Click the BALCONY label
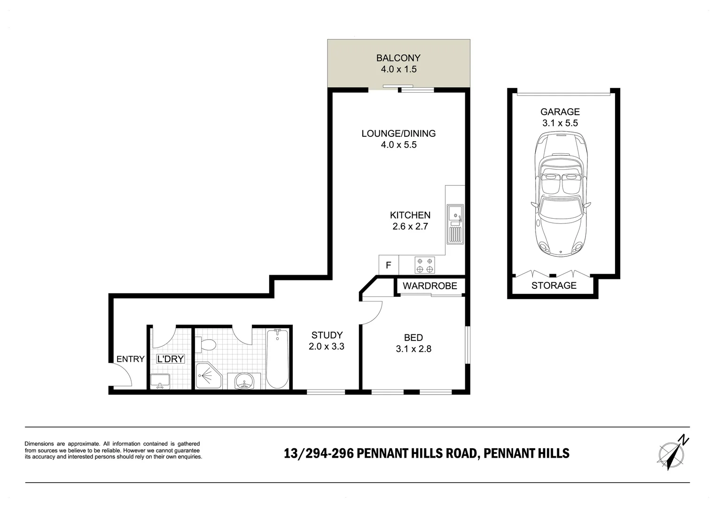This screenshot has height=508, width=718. (x=398, y=58)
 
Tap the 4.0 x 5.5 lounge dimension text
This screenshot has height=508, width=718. (x=398, y=145)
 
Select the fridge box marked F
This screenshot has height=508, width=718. (x=389, y=265)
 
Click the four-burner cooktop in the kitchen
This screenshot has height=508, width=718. (x=425, y=265)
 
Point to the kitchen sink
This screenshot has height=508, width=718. (x=455, y=224)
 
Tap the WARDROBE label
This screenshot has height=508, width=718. (x=430, y=286)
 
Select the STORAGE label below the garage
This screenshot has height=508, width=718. (x=554, y=286)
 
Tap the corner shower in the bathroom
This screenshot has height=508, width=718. (x=208, y=375)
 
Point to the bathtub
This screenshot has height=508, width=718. (x=277, y=358)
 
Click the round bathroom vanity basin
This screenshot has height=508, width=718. (x=244, y=381)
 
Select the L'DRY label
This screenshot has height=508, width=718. (x=170, y=359)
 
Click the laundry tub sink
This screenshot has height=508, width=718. (x=160, y=381)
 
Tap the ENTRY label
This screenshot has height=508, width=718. (x=131, y=359)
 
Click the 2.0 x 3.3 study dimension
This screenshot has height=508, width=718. (x=326, y=347)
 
